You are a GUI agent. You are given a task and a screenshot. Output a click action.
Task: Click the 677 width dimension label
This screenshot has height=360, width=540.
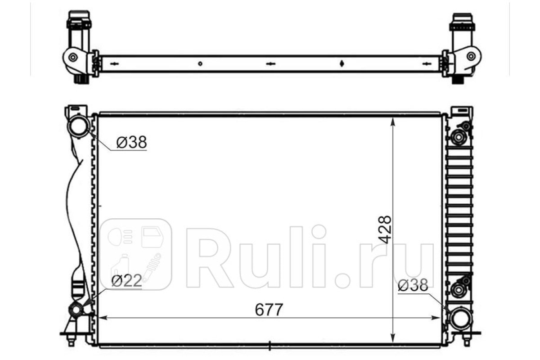tap(269, 310)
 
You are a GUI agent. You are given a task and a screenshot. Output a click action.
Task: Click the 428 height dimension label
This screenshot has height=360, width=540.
tap(384, 229)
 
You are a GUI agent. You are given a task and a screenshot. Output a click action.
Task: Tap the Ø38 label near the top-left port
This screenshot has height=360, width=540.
tap(131, 142)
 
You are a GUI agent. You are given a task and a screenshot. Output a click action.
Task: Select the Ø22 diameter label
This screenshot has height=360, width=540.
tap(126, 281)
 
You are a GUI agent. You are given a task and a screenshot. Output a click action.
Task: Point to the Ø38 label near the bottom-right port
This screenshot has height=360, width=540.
tap(413, 285)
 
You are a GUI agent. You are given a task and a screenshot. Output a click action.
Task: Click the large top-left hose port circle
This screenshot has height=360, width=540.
tap(78, 126)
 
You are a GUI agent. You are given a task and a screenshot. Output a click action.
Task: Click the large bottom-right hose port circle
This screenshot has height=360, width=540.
tap(461, 319)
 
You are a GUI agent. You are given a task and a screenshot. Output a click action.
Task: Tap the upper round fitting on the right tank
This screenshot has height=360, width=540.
tap(458, 137)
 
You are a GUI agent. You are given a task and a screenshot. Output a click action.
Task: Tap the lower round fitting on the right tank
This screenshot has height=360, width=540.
tap(458, 290)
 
